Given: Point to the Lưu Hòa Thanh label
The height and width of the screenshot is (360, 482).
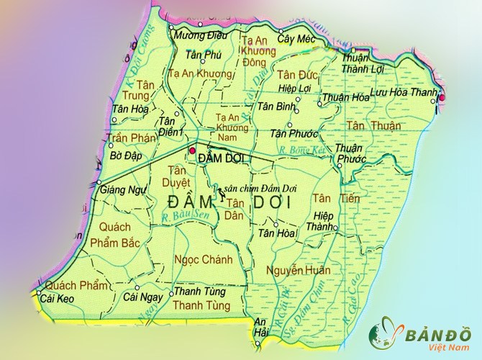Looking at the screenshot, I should coord(404,93).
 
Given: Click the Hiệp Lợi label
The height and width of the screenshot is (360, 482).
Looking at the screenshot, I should coord(294,88).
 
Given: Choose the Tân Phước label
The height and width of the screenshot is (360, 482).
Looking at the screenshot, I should coord(288,133).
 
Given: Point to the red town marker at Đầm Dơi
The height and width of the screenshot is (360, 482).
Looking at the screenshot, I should coord(192,150).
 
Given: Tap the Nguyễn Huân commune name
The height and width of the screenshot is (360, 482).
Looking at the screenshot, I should coord(298,270).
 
